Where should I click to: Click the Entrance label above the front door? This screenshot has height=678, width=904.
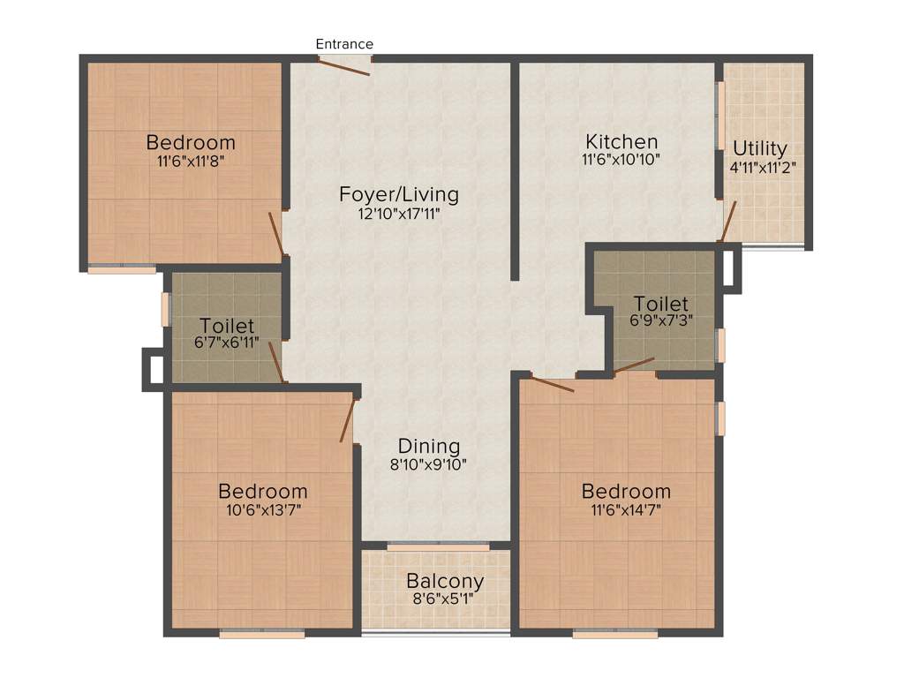click(344, 44)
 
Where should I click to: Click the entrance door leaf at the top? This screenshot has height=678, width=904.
click(345, 66)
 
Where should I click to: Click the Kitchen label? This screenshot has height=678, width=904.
click(621, 141)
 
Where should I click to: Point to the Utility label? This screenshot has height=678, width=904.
click(759, 148)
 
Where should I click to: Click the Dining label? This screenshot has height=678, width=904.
click(429, 446)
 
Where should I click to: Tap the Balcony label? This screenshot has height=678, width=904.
click(445, 582)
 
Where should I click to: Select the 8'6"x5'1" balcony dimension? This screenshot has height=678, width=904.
click(445, 599)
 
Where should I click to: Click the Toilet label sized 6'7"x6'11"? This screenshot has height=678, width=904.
click(227, 326)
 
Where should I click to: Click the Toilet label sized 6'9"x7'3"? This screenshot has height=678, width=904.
click(660, 305)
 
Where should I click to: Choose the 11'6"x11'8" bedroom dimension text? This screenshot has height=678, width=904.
click(191, 161)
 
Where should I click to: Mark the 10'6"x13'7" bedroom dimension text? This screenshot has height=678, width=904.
click(262, 509)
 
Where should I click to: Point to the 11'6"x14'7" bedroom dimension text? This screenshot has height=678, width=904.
click(626, 509)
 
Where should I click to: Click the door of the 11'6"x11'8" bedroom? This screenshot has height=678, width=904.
click(277, 233)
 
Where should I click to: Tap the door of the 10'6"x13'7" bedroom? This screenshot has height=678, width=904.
click(349, 418)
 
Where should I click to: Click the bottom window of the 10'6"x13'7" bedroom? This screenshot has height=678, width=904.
click(262, 632)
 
